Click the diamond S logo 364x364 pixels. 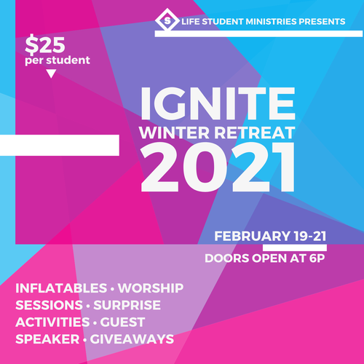(x=167, y=20)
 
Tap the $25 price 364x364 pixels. (x=45, y=45)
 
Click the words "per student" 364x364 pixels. (x=58, y=60)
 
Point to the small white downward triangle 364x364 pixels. (x=51, y=74)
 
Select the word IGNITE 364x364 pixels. (x=218, y=103)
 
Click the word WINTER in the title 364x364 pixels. (x=174, y=132)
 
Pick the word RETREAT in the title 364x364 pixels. (x=255, y=132)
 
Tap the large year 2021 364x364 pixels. (x=218, y=167)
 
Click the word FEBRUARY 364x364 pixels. (x=252, y=236)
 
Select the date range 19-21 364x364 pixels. (x=310, y=236)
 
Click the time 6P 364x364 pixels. (x=317, y=258)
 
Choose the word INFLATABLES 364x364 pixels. (x=61, y=288)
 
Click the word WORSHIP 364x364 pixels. (x=151, y=288)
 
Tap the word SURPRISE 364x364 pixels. (x=127, y=305)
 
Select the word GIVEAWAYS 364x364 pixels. (x=132, y=339)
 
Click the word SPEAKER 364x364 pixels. (x=47, y=339)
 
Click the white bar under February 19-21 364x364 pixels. (x=295, y=248)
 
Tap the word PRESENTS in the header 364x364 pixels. (x=322, y=22)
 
